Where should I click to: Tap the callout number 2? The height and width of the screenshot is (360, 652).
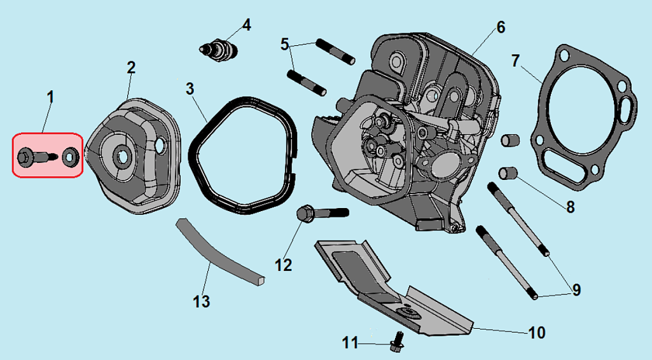tap(131, 67)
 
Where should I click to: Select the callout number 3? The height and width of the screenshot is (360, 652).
tap(190, 88)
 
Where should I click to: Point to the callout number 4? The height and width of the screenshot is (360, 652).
tap(246, 25)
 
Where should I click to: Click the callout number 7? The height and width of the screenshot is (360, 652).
tap(516, 61)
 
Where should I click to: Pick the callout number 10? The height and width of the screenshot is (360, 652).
tap(537, 332)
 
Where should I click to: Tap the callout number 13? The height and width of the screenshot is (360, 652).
tap(201, 301)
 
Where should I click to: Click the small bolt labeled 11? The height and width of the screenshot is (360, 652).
tap(397, 342)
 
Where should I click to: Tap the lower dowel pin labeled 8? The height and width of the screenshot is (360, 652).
tap(508, 172)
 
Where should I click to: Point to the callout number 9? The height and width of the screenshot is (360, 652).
tap(576, 291)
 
